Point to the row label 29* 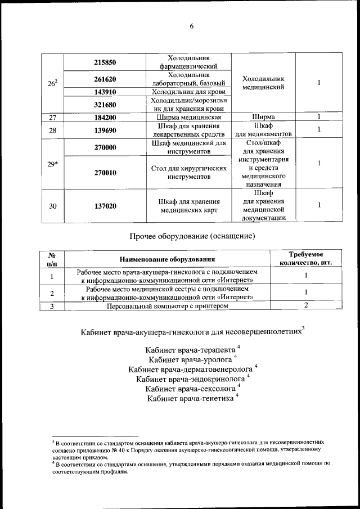click(52, 164)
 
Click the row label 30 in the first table click(52, 206)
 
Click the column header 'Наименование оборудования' click(167, 259)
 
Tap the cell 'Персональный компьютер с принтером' click(167, 305)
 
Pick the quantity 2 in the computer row click(306, 305)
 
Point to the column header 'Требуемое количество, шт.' click(306, 258)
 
